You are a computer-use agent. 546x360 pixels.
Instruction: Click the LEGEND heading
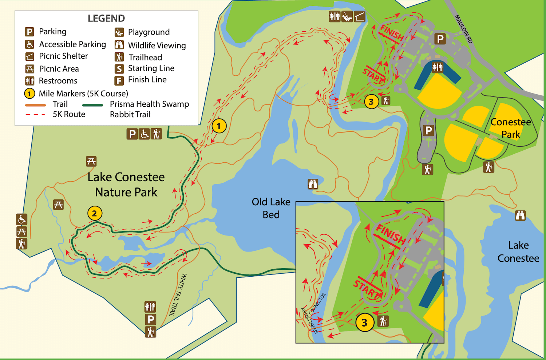[x=106, y=18]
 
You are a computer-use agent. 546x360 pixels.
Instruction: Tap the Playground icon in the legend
[x=119, y=32]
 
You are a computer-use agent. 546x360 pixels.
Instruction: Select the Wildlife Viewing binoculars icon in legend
[x=119, y=45]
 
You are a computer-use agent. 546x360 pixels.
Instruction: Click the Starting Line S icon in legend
[x=119, y=69]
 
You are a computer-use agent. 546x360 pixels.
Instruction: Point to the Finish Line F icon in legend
[x=119, y=80]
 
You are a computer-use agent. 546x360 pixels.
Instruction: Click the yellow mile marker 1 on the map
[x=219, y=126]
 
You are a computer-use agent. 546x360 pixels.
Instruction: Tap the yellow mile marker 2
[x=95, y=213]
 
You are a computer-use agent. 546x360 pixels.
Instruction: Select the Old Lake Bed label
[x=271, y=208]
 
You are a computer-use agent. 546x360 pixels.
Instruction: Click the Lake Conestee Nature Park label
[x=126, y=185]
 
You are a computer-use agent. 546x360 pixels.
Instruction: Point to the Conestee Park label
[x=511, y=128]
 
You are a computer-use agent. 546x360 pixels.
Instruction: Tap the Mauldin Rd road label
[x=464, y=29]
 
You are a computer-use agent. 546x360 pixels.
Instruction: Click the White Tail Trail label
[x=178, y=295]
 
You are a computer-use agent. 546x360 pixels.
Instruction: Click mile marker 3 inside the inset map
[x=364, y=323]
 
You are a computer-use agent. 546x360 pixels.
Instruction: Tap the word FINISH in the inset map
[x=391, y=234]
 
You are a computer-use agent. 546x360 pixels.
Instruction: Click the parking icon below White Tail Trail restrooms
[x=150, y=320]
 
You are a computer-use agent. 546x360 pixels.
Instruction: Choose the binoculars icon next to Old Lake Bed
[x=313, y=184]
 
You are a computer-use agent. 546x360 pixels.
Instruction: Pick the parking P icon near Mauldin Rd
[x=440, y=39]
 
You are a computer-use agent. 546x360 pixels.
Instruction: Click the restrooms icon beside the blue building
[x=437, y=67]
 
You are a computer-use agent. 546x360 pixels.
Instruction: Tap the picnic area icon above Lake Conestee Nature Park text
[x=91, y=161]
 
